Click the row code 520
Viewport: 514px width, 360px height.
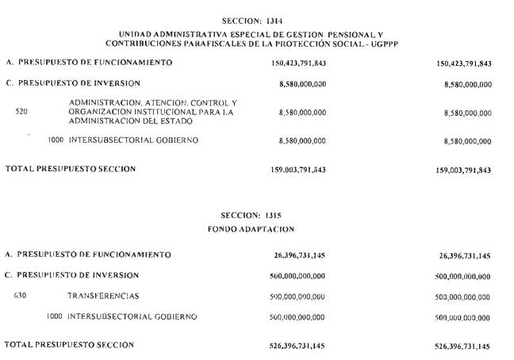click(x=21, y=113)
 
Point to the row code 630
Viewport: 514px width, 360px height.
click(x=21, y=296)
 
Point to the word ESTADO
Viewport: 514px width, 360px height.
click(x=179, y=121)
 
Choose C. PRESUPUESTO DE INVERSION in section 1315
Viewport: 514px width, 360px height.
click(x=73, y=275)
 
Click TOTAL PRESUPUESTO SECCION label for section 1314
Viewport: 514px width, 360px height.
click(x=71, y=169)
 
